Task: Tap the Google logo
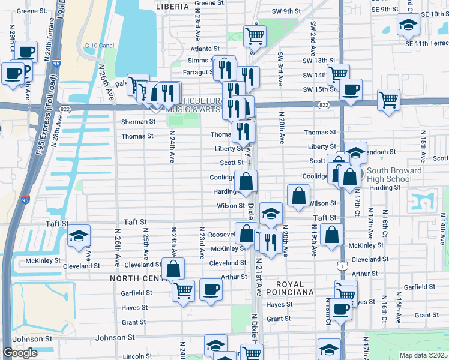20,353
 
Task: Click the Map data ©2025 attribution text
423,355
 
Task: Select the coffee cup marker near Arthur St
211,289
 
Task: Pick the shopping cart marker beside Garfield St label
183,290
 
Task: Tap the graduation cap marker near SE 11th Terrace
409,24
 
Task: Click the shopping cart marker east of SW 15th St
388,100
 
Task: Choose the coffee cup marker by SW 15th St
351,89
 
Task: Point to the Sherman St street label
138,121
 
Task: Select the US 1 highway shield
340,265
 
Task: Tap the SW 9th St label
286,11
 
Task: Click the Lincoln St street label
133,356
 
